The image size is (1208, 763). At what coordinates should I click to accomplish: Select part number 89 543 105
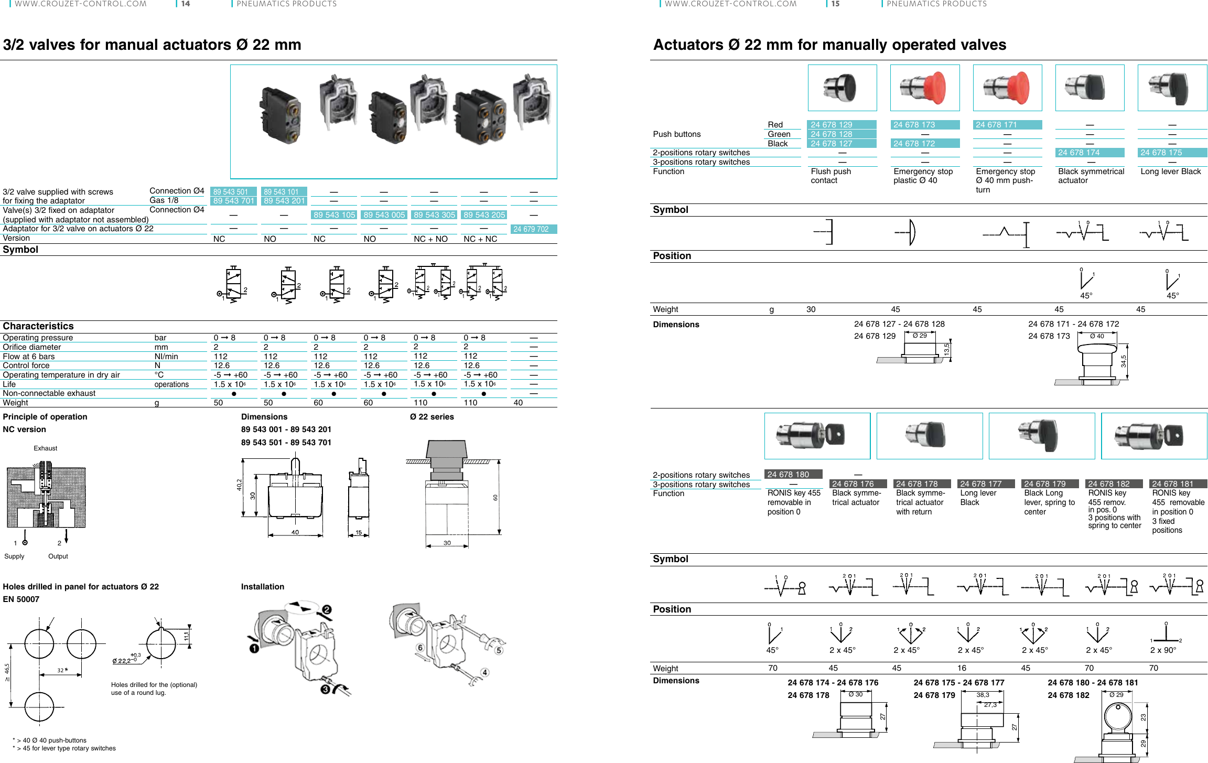(x=334, y=215)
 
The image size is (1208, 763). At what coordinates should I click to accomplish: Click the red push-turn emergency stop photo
(x=1007, y=88)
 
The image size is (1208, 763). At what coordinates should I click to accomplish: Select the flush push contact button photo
(x=842, y=88)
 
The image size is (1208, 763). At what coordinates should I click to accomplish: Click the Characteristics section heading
(x=38, y=326)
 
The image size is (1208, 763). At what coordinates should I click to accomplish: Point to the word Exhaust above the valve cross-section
(x=46, y=448)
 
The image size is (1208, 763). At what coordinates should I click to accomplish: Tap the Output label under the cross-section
(x=58, y=556)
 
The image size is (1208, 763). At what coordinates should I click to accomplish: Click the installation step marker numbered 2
(x=327, y=610)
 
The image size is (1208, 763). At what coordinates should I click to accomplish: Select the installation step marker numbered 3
(x=325, y=689)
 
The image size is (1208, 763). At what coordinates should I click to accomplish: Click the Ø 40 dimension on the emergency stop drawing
(x=1097, y=336)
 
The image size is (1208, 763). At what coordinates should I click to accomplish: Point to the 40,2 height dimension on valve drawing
(x=239, y=485)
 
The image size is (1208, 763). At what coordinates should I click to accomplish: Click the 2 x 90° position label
(x=1163, y=650)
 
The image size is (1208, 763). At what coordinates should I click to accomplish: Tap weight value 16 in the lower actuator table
(x=962, y=668)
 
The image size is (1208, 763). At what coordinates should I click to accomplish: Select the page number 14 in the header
(x=186, y=4)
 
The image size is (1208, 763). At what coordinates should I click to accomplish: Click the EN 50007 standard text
(x=21, y=599)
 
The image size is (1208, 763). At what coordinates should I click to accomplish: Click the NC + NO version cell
(x=430, y=239)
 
